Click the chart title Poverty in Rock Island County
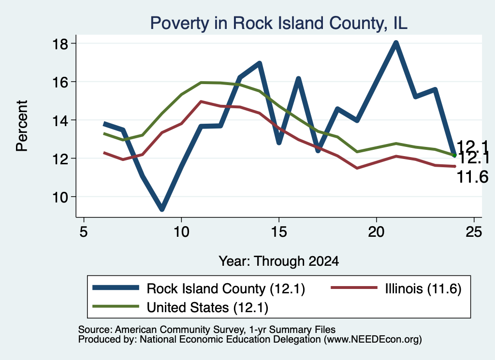pyautogui.click(x=279, y=23)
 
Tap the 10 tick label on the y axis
pyautogui.click(x=59, y=197)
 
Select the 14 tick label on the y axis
pyautogui.click(x=59, y=120)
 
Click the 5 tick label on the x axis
pyautogui.click(x=83, y=232)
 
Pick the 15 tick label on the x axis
pyautogui.click(x=279, y=232)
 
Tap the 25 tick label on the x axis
pyautogui.click(x=474, y=232)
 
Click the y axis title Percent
pyautogui.click(x=22, y=126)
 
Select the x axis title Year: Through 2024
pyautogui.click(x=279, y=261)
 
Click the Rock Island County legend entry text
pyautogui.click(x=226, y=288)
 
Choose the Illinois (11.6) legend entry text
pyautogui.click(x=423, y=288)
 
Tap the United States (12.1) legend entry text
pyautogui.click(x=207, y=307)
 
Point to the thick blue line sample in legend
pyautogui.click(x=116, y=288)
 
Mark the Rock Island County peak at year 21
pyautogui.click(x=396, y=43)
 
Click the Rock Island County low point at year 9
pyautogui.click(x=161, y=209)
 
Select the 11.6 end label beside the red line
pyautogui.click(x=473, y=177)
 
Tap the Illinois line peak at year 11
pyautogui.click(x=201, y=101)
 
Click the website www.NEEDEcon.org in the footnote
pyautogui.click(x=373, y=340)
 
